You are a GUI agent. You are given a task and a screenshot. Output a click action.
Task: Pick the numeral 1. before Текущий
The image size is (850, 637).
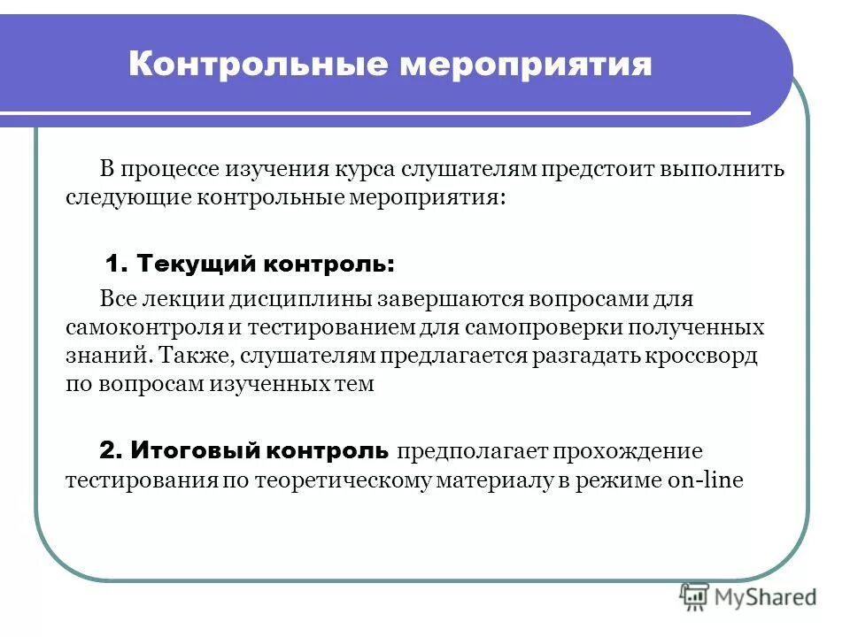coord(117,263)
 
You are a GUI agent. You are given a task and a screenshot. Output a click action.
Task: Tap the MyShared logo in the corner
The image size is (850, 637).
coord(748,597)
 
